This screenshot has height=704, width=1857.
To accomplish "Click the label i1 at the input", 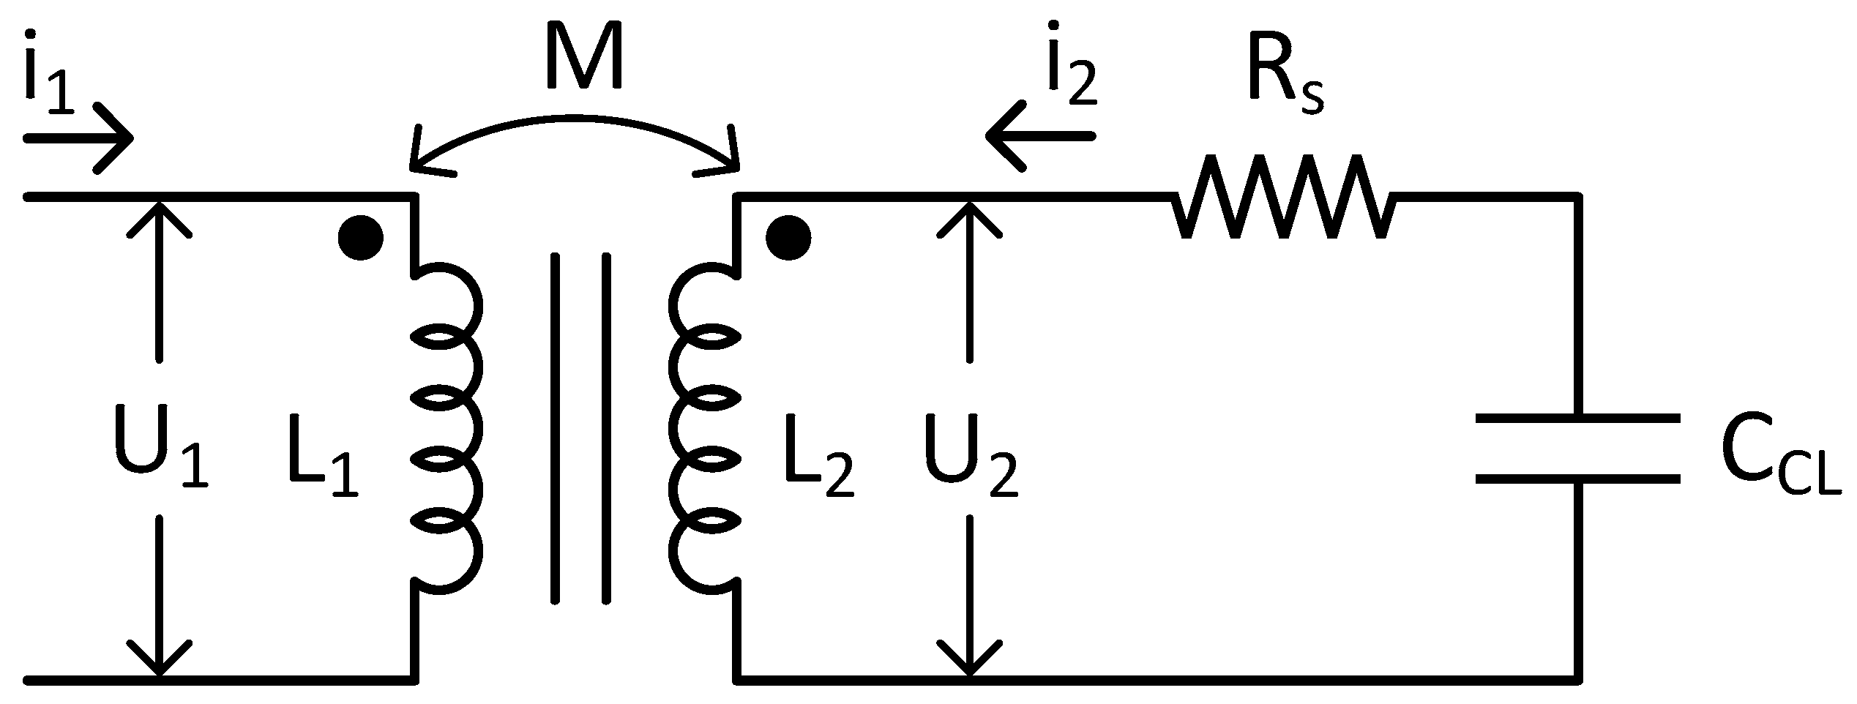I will [x=48, y=73].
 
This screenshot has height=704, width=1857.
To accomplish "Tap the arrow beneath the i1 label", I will [x=79, y=138].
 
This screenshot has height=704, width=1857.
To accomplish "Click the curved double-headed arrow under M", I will [x=575, y=128].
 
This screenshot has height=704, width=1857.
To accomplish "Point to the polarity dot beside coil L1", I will [x=360, y=237].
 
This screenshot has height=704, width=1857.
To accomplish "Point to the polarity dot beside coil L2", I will [x=788, y=237].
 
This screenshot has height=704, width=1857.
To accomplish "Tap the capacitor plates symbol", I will [x=1577, y=448].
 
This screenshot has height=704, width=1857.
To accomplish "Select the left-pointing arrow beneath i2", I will [x=1039, y=136].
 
